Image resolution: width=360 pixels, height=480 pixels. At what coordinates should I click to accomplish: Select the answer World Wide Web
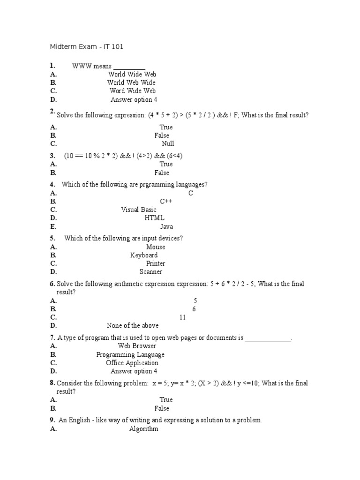pos(132,74)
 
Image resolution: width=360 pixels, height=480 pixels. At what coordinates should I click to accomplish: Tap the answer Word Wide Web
pos(132,91)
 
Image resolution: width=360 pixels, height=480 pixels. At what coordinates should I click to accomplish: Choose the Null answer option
pos(168,144)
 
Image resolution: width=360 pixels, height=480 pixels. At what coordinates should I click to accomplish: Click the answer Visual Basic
pos(139,210)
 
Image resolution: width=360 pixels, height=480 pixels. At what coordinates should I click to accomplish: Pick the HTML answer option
pos(155,218)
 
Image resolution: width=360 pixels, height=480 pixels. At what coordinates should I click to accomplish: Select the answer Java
pos(166,226)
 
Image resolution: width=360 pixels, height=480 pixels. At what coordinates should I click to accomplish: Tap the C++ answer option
pos(166,201)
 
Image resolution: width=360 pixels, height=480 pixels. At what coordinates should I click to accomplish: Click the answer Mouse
pos(156,247)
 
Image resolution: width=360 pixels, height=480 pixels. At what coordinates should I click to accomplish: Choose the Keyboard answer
pos(144,255)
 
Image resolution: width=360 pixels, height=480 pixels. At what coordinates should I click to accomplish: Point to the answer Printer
pos(156,263)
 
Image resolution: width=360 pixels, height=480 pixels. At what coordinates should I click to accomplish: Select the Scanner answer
pos(150,272)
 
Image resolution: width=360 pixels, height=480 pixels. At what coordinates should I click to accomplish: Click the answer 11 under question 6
pos(182,317)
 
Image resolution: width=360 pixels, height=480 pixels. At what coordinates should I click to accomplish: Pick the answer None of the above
pos(133,326)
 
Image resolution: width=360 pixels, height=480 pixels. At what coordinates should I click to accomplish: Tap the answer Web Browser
pos(137,346)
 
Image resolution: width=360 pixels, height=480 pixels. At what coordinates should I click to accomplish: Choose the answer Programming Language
pos(130,355)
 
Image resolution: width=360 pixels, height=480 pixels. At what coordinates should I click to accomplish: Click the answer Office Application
pos(132,363)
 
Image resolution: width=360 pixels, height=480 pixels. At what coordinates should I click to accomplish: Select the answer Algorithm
pos(143,429)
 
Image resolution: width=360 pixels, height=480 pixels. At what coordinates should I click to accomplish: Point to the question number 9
pos(52,420)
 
